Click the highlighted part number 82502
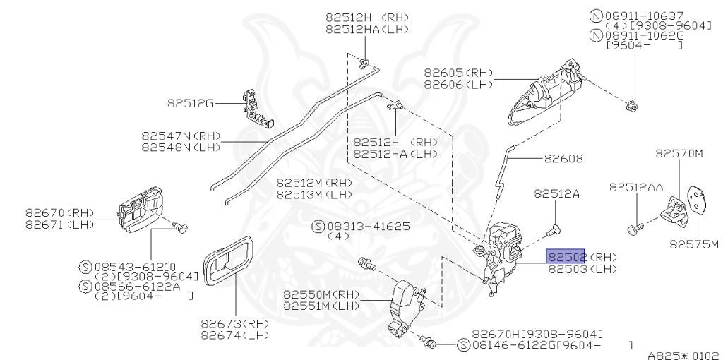(566, 257)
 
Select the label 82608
(563, 159)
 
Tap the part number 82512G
(190, 103)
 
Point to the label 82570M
(679, 152)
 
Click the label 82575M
(694, 245)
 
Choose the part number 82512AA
(636, 187)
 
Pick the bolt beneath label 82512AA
(634, 229)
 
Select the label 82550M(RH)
(321, 294)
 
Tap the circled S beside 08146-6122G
(463, 345)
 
